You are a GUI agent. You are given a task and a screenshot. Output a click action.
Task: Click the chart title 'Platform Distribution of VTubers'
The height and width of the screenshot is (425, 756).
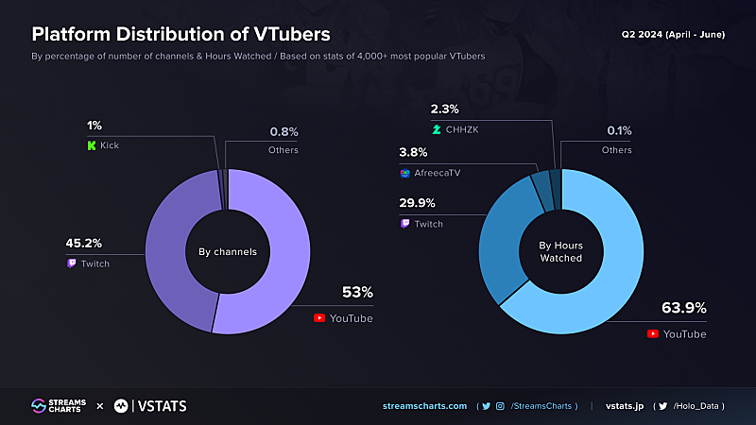point(181,34)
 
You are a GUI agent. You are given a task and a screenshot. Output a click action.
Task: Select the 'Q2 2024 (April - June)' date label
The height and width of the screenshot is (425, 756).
point(672,33)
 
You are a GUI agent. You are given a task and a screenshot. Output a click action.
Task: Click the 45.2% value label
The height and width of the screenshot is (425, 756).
point(84,243)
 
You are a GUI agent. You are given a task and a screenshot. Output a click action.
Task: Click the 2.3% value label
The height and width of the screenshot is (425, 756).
point(445,109)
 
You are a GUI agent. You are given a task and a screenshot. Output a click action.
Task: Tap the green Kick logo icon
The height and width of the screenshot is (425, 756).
point(91,146)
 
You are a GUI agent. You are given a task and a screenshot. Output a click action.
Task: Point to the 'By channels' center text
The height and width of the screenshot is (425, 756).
point(227,252)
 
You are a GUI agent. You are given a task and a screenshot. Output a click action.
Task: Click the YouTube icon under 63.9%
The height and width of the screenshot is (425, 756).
point(653,334)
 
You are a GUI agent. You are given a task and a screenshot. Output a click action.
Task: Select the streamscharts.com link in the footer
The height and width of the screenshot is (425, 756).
point(424,406)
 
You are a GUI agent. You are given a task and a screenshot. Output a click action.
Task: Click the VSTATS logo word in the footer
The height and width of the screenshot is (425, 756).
point(162,406)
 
